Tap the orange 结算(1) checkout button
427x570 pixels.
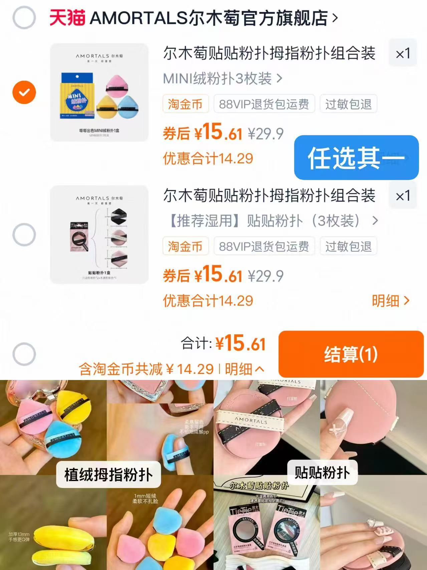351,354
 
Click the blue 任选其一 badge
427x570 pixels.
356,158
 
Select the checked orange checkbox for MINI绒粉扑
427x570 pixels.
24,92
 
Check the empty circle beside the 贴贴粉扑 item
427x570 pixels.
24,234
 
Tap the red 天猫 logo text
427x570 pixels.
67,18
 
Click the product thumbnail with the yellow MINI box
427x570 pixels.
99,92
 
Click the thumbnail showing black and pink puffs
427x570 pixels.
99,234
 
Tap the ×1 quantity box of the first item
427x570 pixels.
403,53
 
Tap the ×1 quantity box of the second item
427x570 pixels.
403,196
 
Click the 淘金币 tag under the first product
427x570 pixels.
185,104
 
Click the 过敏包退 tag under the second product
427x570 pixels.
348,246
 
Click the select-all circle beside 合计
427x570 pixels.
24,354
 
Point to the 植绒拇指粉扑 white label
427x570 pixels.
108,474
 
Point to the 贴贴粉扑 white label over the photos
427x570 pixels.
322,472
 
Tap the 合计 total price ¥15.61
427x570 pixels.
240,343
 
